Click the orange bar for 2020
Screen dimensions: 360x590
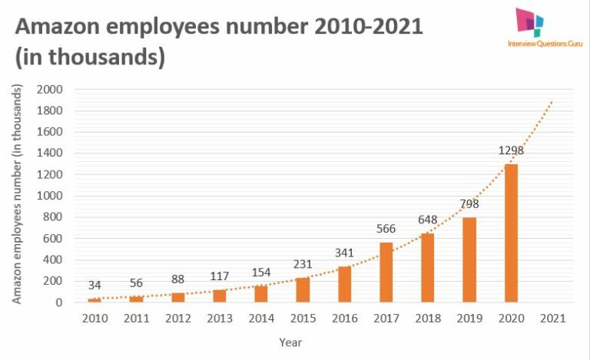(x=511, y=233)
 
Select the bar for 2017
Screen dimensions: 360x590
(x=386, y=272)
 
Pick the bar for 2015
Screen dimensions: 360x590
(x=303, y=289)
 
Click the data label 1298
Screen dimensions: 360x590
(x=511, y=150)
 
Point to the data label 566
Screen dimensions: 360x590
(x=386, y=228)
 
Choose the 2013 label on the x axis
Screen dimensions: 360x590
(x=220, y=318)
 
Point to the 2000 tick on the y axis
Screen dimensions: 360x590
(x=49, y=89)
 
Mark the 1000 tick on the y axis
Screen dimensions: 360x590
(x=49, y=196)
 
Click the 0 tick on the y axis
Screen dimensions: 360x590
(x=58, y=302)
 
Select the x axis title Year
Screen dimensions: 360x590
(x=290, y=342)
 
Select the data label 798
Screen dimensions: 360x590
(x=469, y=204)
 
